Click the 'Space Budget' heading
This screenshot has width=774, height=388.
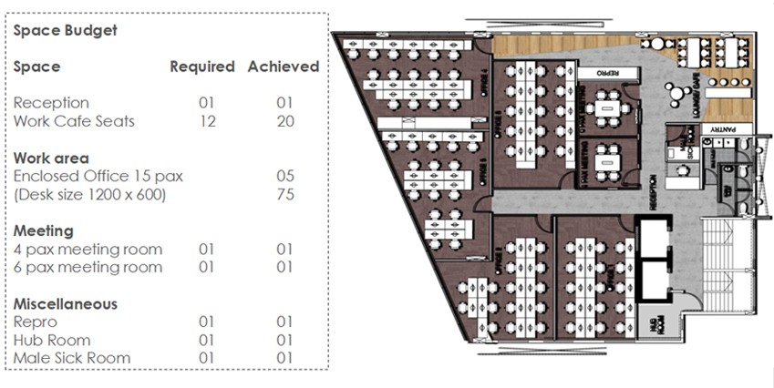(65, 30)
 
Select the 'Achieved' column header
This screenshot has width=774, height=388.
(284, 66)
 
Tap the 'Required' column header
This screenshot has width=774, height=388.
(202, 66)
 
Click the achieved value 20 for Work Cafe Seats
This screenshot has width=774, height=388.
(285, 121)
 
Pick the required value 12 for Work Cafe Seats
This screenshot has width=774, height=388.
(207, 121)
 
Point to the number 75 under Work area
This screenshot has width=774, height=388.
(285, 194)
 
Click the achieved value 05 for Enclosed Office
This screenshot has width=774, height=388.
(285, 176)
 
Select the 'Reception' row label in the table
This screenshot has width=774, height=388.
(51, 103)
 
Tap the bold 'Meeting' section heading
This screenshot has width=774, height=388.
(43, 230)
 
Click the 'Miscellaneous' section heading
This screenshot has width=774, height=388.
(66, 303)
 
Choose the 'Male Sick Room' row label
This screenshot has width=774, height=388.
(72, 358)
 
